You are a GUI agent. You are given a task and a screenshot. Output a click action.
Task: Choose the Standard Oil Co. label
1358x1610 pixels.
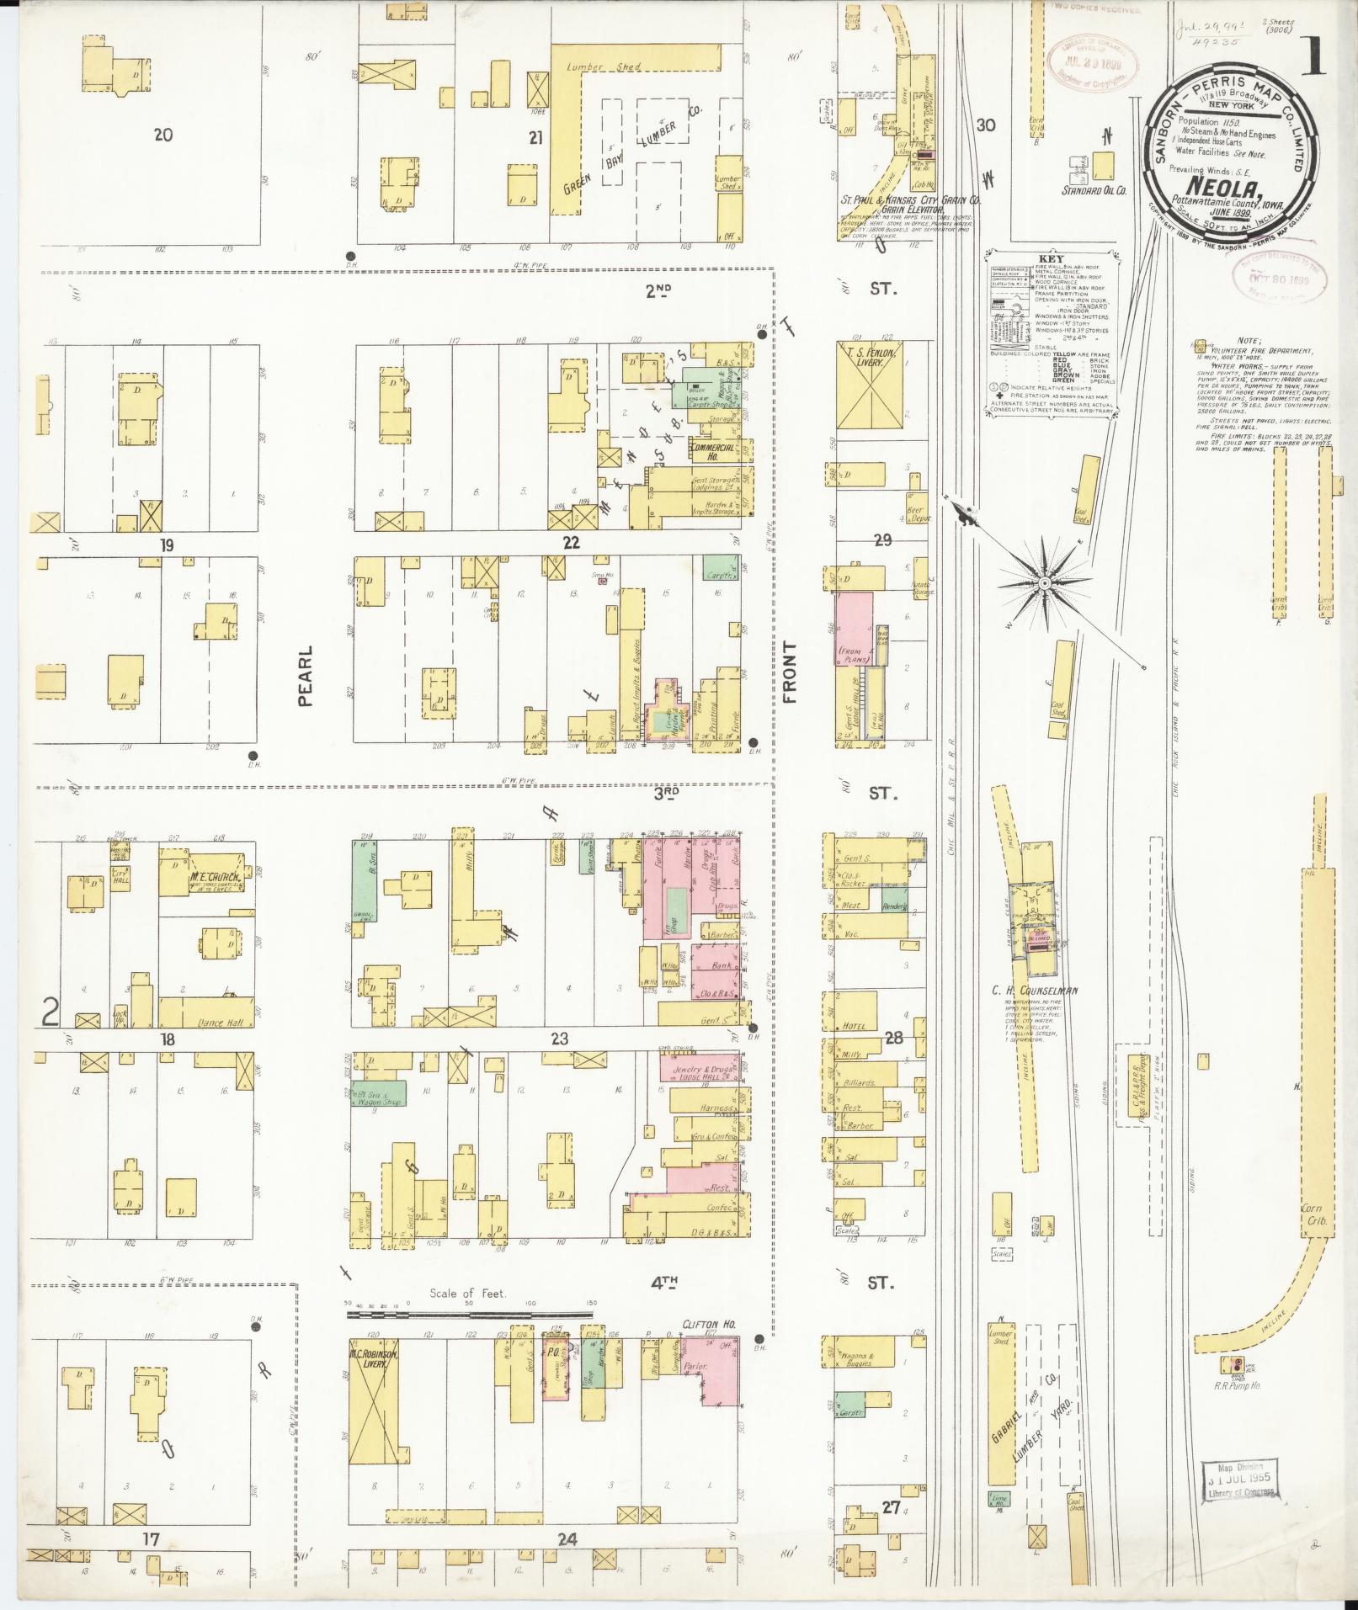[x=1093, y=190]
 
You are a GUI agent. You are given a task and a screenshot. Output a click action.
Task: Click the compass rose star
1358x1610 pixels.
[x=1043, y=582]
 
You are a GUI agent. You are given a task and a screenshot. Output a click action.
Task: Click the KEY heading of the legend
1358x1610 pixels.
[x=1046, y=258]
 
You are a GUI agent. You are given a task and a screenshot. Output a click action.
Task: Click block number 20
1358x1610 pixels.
[x=163, y=134]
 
